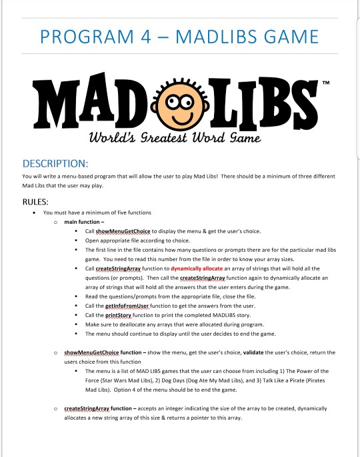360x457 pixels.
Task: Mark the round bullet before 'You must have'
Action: (x=33, y=212)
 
